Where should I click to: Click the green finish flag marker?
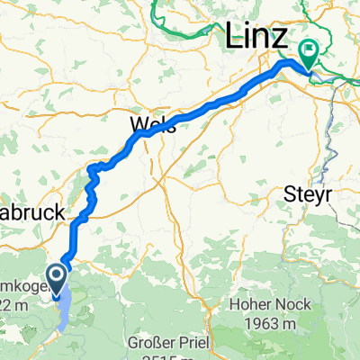308,54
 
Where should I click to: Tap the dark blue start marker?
57,274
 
